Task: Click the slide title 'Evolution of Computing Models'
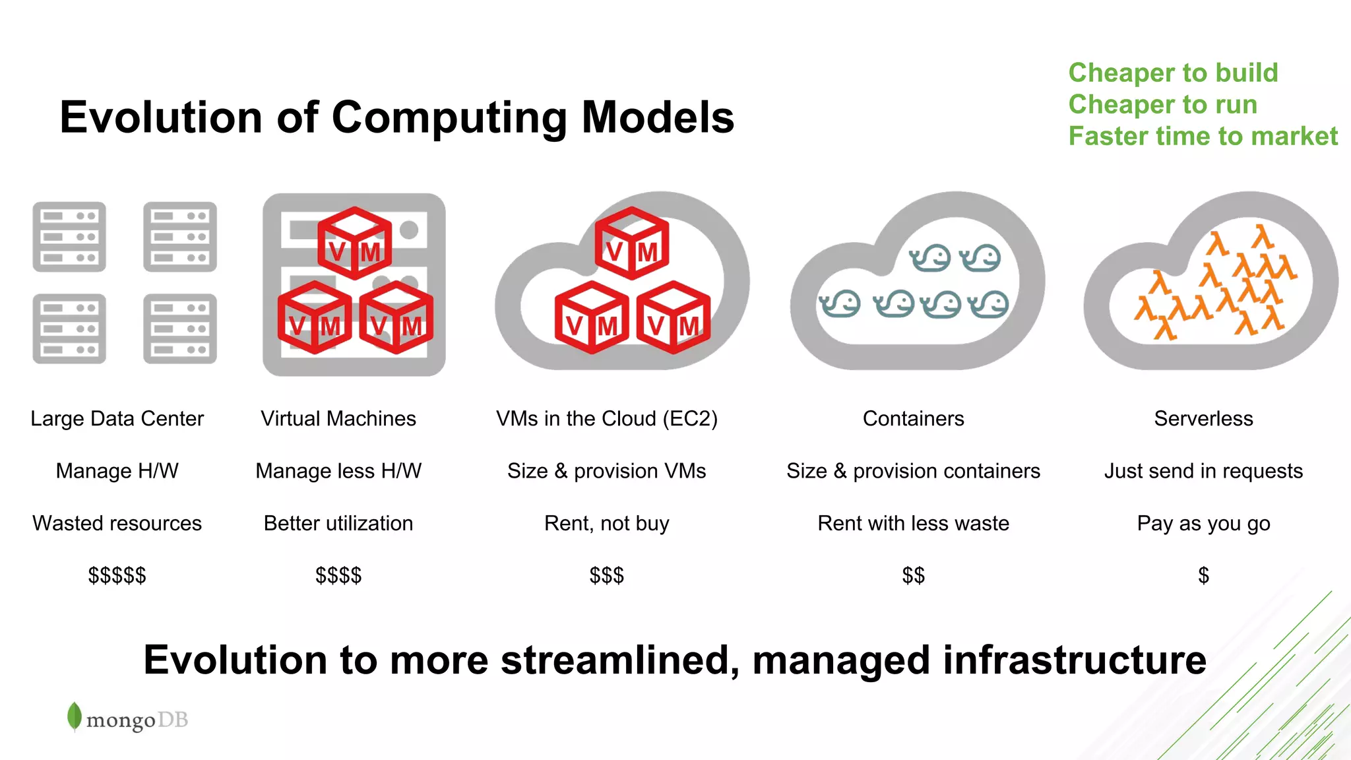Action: pyautogui.click(x=396, y=117)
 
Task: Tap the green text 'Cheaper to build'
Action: pyautogui.click(x=1173, y=73)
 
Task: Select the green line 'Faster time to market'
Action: pyautogui.click(x=1203, y=137)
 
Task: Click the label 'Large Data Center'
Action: pyautogui.click(x=117, y=418)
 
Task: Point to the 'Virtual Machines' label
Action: pyautogui.click(x=338, y=418)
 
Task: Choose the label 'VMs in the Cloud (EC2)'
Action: pyautogui.click(x=607, y=418)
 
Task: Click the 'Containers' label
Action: pyautogui.click(x=913, y=418)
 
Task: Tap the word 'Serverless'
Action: pyautogui.click(x=1203, y=418)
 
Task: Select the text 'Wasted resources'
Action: pyautogui.click(x=117, y=523)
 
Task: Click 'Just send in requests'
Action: pyautogui.click(x=1203, y=471)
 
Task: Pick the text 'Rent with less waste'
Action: pyautogui.click(x=913, y=523)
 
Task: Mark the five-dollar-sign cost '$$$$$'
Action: pyautogui.click(x=117, y=575)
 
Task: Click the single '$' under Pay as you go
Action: pyautogui.click(x=1203, y=575)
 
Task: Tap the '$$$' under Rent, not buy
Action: pyautogui.click(x=607, y=575)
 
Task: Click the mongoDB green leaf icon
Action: pyautogui.click(x=75, y=716)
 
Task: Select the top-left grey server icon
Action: pyautogui.click(x=69, y=237)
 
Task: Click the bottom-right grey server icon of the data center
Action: pyautogui.click(x=180, y=329)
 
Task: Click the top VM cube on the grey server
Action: pyautogui.click(x=355, y=243)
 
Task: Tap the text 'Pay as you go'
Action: pyautogui.click(x=1203, y=523)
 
